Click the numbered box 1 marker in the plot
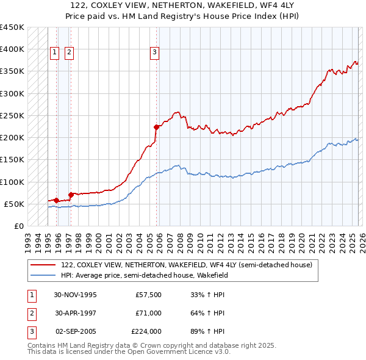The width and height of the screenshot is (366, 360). coord(55,53)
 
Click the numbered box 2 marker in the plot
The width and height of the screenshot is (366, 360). coord(69,53)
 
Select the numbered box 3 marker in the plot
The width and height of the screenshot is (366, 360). coord(155,53)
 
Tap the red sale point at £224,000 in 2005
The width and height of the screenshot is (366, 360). coord(156,127)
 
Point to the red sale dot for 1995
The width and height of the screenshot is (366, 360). coord(57,200)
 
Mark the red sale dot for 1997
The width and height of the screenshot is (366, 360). coord(71,195)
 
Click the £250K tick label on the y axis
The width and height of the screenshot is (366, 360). coord(12,115)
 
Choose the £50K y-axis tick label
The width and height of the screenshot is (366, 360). coord(15,204)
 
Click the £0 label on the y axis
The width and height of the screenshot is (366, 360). coord(19,226)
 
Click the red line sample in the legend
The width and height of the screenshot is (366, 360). coord(43,265)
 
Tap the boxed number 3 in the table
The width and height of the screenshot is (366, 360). coord(31,331)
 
